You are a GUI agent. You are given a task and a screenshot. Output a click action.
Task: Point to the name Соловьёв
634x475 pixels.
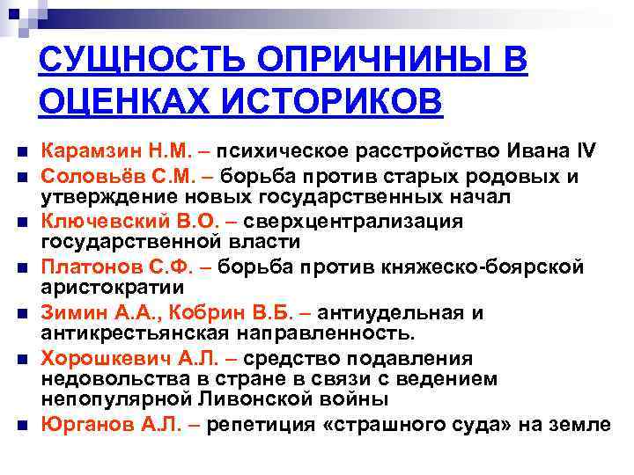[86, 176]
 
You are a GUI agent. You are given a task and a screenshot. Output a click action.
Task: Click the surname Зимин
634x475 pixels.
[71, 311]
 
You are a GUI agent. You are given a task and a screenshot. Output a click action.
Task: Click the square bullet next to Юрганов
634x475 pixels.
[20, 425]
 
